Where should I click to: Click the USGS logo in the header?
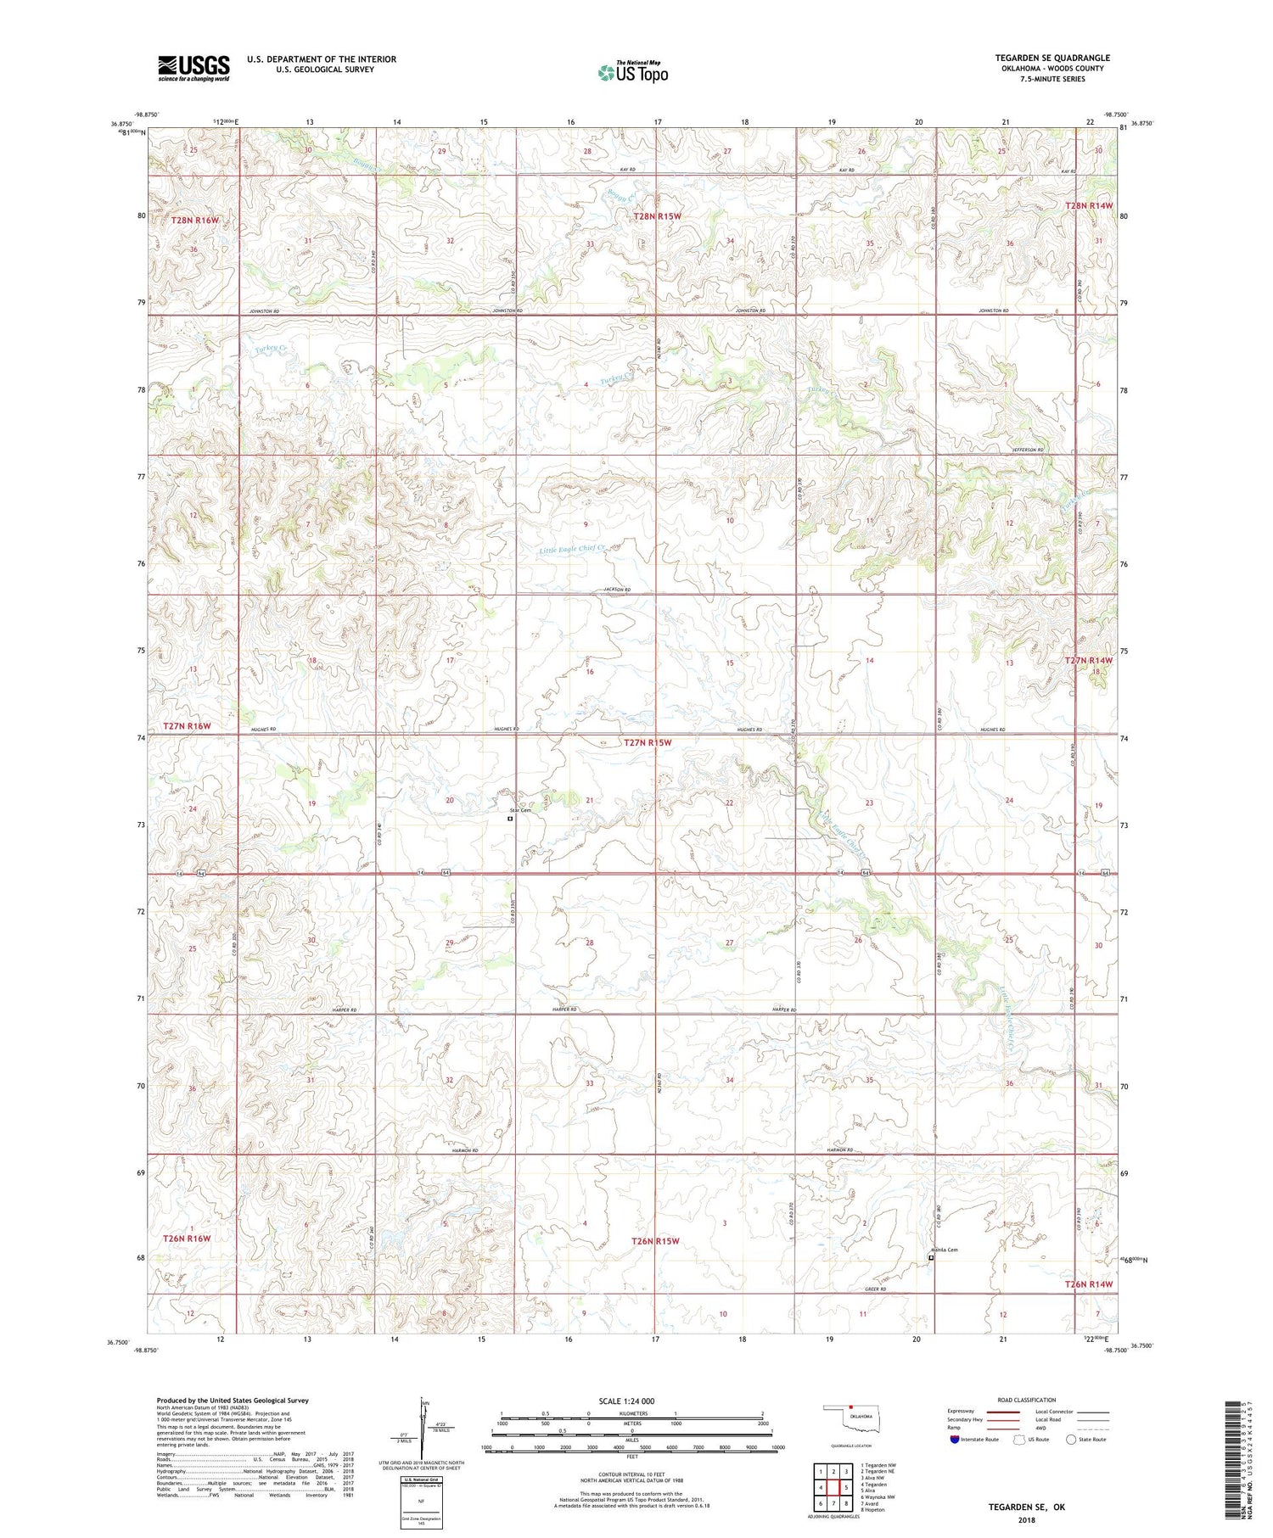pyautogui.click(x=193, y=68)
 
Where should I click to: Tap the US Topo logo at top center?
pyautogui.click(x=632, y=73)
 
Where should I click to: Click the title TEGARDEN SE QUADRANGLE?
pyautogui.click(x=1052, y=58)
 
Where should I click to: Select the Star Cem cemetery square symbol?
pyautogui.click(x=510, y=819)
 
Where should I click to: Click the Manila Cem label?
pyautogui.click(x=943, y=1250)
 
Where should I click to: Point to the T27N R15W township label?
pyautogui.click(x=648, y=743)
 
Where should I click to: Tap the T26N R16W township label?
pyautogui.click(x=187, y=1239)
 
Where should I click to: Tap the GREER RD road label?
pyautogui.click(x=876, y=1289)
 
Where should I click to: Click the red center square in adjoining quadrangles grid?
pyautogui.click(x=834, y=1487)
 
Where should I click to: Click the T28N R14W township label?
pyautogui.click(x=1089, y=206)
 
